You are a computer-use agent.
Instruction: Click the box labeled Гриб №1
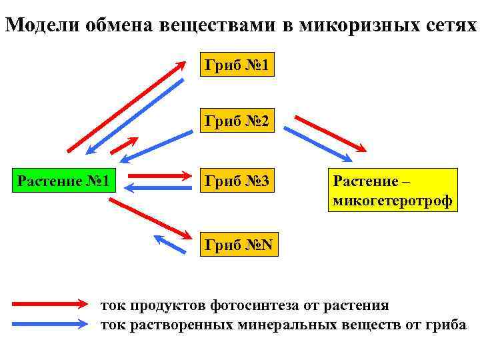click(237, 65)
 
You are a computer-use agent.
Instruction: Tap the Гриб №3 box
click(237, 180)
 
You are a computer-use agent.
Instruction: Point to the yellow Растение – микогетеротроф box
click(393, 190)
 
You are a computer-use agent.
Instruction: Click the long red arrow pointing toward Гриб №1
click(127, 107)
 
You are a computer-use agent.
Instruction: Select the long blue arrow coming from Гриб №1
click(137, 116)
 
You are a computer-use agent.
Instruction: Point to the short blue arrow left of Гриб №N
click(169, 243)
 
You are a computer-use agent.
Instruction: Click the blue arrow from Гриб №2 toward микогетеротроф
click(318, 144)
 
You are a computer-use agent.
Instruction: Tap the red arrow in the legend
click(50, 305)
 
